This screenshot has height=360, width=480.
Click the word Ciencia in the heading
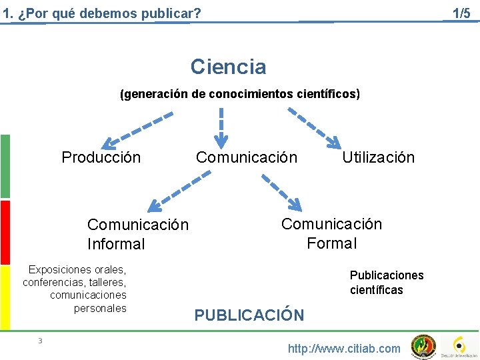click(x=228, y=67)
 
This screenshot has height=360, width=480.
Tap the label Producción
click(x=101, y=157)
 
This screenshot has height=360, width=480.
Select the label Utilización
click(x=378, y=157)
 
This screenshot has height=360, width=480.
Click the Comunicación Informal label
click(x=137, y=235)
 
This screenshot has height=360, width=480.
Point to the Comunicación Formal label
click(x=331, y=233)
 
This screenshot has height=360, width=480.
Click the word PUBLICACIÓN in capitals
click(x=249, y=315)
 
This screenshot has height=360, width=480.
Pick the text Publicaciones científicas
click(x=387, y=283)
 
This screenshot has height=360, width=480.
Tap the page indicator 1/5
click(x=461, y=13)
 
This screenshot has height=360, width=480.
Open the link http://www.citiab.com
click(x=344, y=348)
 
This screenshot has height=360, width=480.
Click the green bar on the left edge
click(x=5, y=166)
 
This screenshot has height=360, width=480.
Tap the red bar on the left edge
click(x=5, y=232)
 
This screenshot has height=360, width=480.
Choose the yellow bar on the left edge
click(x=5, y=297)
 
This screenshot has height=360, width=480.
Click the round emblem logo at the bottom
click(x=423, y=346)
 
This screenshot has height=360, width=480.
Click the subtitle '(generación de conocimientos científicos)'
click(x=239, y=94)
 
